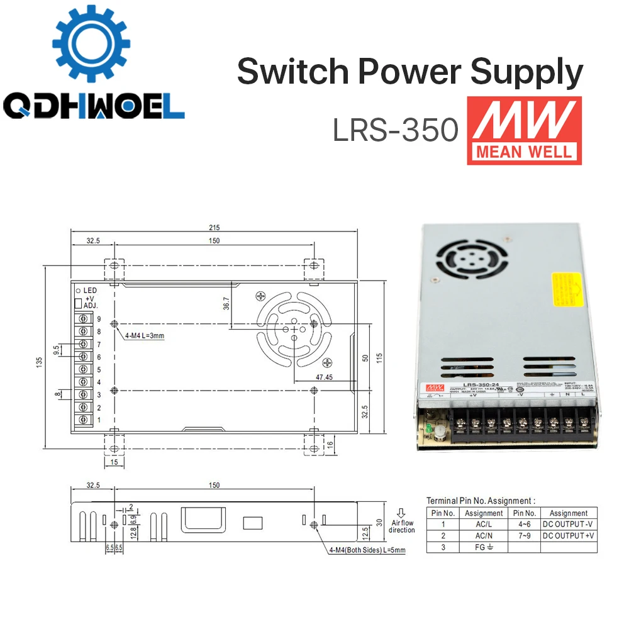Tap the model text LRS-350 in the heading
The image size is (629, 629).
tap(395, 131)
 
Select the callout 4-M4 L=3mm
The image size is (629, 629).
tap(144, 335)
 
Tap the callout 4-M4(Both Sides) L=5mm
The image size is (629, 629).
tap(367, 550)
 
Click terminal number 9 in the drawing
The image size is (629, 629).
tap(99, 319)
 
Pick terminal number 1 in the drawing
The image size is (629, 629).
tap(99, 420)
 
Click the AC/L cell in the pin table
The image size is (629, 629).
tap(483, 524)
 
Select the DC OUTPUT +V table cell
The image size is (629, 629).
tap(568, 535)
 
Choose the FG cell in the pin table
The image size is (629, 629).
tap(483, 547)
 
